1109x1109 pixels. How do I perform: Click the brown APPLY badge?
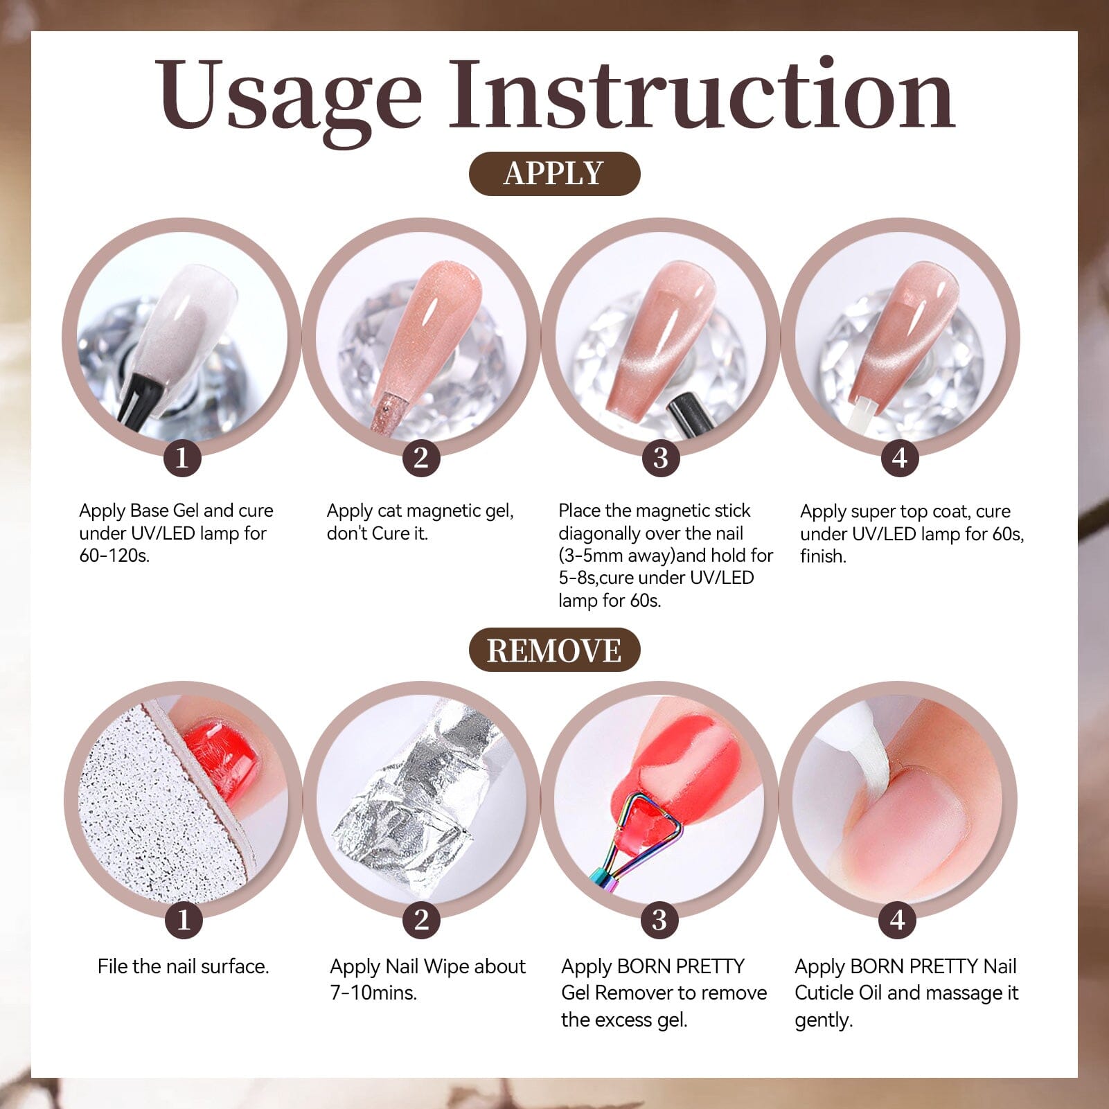[554, 174]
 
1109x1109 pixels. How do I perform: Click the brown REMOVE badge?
[554, 650]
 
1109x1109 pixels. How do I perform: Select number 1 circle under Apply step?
[182, 458]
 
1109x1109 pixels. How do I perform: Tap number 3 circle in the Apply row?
[660, 458]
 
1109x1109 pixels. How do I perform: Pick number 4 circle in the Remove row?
[898, 920]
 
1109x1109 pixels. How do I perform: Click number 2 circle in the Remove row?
[421, 920]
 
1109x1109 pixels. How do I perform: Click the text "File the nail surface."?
[183, 966]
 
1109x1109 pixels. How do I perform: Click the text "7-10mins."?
[373, 993]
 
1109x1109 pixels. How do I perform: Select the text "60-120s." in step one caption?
[114, 556]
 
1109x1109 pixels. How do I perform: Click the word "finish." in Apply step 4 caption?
[823, 556]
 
